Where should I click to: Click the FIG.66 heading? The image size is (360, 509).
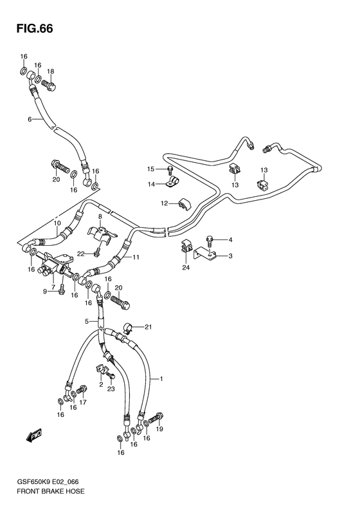pyautogui.click(x=35, y=29)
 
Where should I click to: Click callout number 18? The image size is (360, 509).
pyautogui.click(x=50, y=71)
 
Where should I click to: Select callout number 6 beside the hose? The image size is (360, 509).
pyautogui.click(x=30, y=120)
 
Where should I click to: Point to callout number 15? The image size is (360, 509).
pyautogui.click(x=151, y=169)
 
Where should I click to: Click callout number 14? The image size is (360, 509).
pyautogui.click(x=152, y=185)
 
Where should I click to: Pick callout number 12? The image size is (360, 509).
pyautogui.click(x=165, y=203)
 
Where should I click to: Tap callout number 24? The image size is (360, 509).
pyautogui.click(x=186, y=268)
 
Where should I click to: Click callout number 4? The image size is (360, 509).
pyautogui.click(x=230, y=240)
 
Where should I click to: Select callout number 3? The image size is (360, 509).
pyautogui.click(x=230, y=256)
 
